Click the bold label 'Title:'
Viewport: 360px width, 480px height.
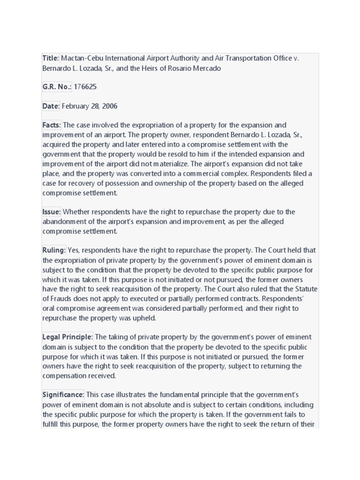point(51,59)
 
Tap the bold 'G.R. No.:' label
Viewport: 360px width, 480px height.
point(57,87)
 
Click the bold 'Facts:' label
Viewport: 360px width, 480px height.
point(52,126)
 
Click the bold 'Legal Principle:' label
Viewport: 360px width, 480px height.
point(68,337)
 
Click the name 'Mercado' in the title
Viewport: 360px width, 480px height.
point(205,68)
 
